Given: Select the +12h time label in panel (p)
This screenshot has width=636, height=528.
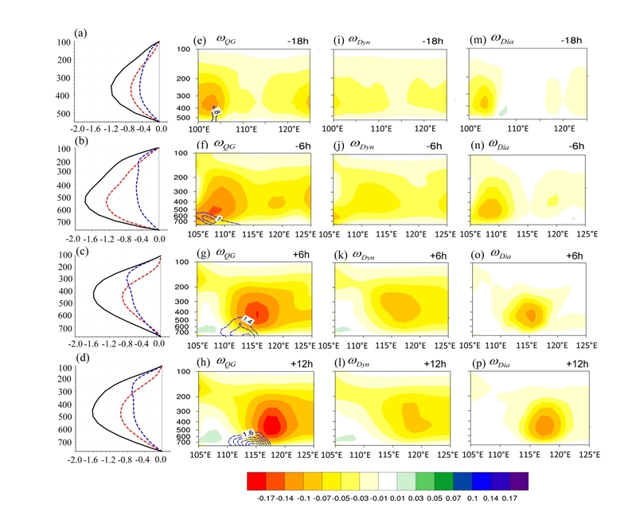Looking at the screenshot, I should (x=572, y=364).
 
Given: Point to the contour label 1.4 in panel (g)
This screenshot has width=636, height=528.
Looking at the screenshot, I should (x=248, y=320).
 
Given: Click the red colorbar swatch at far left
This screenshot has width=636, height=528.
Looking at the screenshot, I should (x=255, y=482).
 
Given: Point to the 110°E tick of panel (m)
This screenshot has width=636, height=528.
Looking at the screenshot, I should (x=518, y=127).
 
